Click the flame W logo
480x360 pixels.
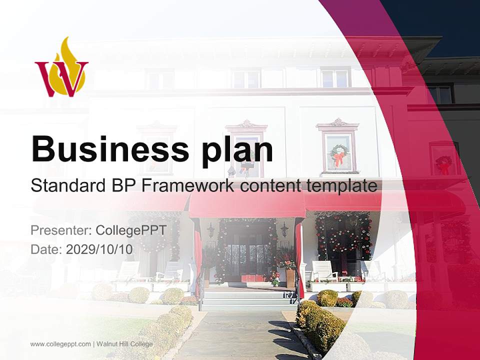click(61, 69)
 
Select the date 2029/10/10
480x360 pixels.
click(99, 249)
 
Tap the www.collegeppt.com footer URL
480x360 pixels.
click(60, 344)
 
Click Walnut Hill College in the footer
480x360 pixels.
click(124, 344)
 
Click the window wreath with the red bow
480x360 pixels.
click(339, 155)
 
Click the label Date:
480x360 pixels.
click(46, 249)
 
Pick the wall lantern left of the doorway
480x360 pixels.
click(211, 230)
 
